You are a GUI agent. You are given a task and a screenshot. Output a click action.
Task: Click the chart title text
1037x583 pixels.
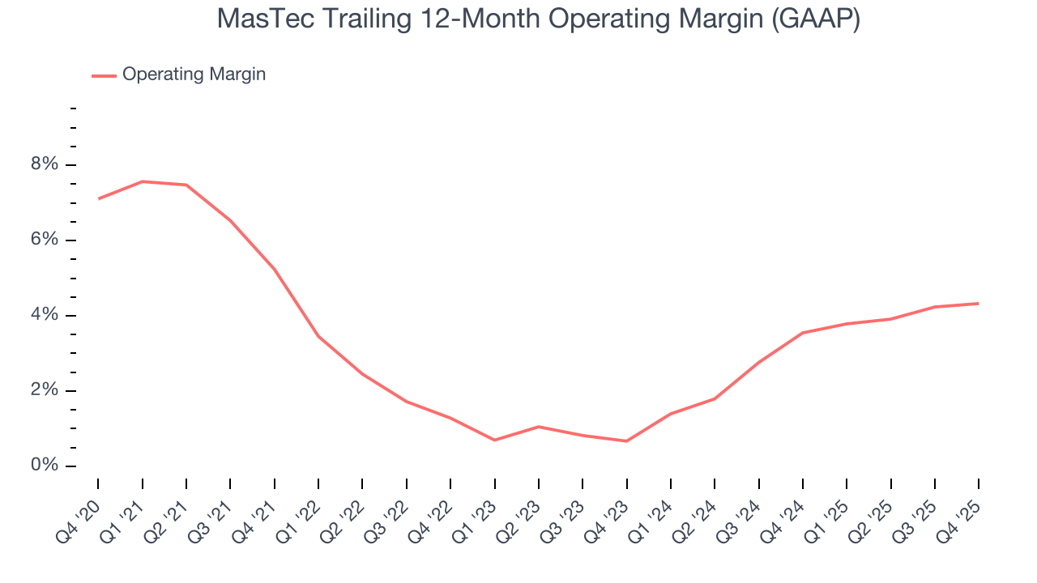[x=538, y=19]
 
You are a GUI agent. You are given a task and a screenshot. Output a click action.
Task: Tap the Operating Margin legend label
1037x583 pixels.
[x=194, y=74]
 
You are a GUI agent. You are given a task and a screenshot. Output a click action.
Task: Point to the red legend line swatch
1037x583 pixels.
[x=104, y=75]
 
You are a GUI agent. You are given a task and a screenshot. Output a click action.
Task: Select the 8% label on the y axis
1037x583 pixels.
[x=45, y=165]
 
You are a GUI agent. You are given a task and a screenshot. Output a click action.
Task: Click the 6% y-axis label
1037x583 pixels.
[x=45, y=240]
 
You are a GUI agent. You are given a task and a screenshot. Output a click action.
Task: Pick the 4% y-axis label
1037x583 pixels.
[x=45, y=315]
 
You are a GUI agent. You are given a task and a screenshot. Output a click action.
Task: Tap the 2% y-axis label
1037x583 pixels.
[x=45, y=390]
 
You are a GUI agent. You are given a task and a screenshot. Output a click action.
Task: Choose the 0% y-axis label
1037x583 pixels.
[x=45, y=466]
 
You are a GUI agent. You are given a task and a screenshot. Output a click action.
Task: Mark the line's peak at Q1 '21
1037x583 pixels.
[x=143, y=181]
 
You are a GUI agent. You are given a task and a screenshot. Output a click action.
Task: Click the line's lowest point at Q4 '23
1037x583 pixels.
[x=626, y=441]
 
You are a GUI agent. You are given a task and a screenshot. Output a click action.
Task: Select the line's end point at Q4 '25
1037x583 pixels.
[x=978, y=304]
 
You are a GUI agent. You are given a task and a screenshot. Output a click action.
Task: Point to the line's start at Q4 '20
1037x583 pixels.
[x=99, y=198]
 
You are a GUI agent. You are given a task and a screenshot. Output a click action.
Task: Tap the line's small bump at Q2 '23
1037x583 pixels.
[x=539, y=427]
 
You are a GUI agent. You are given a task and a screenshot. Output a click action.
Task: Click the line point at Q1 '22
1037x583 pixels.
[x=318, y=336]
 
